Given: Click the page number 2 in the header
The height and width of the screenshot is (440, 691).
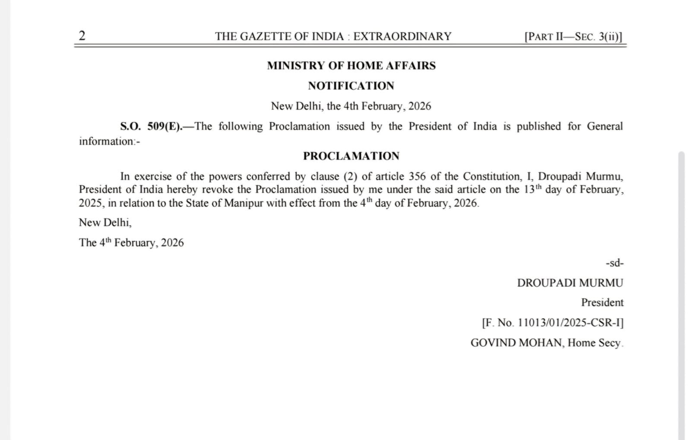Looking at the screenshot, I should coord(82,35).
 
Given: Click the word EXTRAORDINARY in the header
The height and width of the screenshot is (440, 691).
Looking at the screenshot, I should coord(402,36).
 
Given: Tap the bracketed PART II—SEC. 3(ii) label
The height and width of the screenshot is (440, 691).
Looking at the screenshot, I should coord(573,36).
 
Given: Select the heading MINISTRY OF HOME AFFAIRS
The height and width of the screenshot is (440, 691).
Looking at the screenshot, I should coord(351,66).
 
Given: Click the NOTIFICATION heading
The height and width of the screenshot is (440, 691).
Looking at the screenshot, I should coord(351,86).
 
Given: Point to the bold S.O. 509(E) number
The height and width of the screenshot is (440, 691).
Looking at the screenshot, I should coord(151,127).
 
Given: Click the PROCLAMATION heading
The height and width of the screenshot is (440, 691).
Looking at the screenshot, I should coord(351,156).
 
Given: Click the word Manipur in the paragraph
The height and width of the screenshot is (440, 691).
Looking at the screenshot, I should coord(244,203).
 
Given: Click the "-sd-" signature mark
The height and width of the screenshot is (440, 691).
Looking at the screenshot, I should coord(615,263).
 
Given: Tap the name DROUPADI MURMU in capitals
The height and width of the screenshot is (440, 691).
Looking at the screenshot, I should coord(570,283).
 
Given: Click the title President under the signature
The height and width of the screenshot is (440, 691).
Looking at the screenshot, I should coord(602,303).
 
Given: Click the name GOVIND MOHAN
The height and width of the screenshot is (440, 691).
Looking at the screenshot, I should coord(516,343).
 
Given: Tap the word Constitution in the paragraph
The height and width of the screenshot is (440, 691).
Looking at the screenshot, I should coord(492,177).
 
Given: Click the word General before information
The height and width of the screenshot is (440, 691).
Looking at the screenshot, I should coord(605,127).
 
